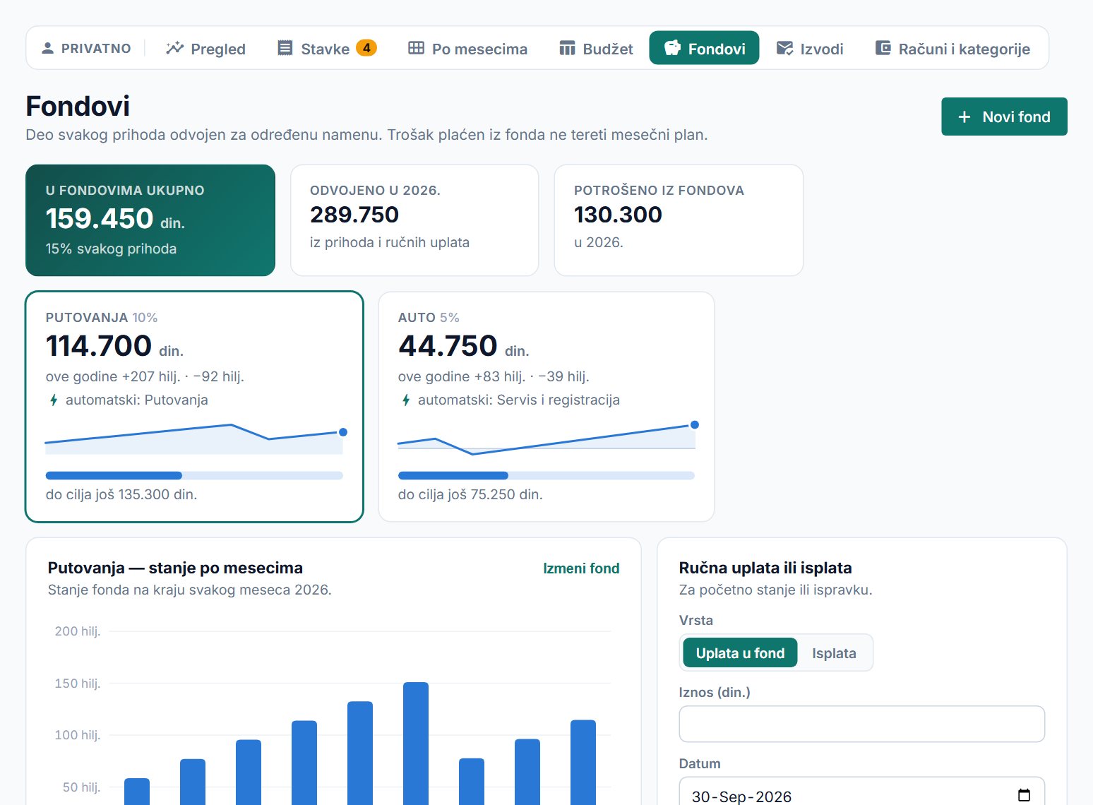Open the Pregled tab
click(x=205, y=48)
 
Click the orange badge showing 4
click(x=366, y=48)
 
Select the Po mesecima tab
click(x=467, y=48)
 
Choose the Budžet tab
click(x=596, y=48)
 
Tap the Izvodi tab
click(x=809, y=48)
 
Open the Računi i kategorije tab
click(x=952, y=48)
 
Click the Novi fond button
click(x=1004, y=117)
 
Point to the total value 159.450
click(x=100, y=218)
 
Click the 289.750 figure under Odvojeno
click(x=354, y=215)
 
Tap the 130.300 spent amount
click(x=618, y=215)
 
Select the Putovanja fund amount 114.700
click(x=99, y=345)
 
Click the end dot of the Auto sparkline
click(x=694, y=425)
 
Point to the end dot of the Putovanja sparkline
click(x=343, y=432)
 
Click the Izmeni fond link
click(x=581, y=568)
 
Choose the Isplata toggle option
click(x=834, y=652)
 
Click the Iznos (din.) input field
click(x=861, y=724)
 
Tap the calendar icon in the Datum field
click(x=1024, y=795)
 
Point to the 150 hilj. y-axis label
click(x=78, y=683)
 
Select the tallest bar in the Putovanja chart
click(x=416, y=744)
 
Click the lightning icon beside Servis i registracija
click(x=405, y=400)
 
